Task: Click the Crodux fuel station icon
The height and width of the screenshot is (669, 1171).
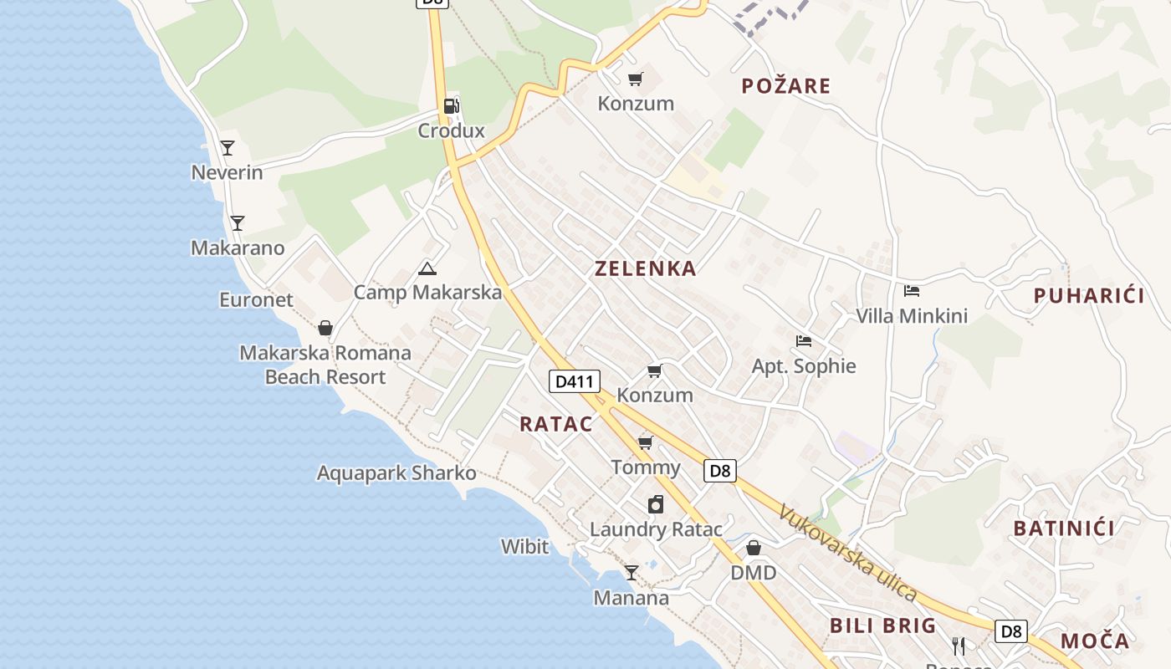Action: [451, 106]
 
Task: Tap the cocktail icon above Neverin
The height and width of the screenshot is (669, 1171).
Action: [227, 148]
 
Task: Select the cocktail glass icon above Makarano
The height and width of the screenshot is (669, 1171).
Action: [238, 223]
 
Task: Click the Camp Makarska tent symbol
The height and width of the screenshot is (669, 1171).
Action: [427, 268]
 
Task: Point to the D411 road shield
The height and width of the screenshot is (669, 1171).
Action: [575, 382]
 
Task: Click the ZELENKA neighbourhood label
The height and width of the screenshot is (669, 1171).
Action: [645, 268]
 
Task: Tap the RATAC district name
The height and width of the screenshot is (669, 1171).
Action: [555, 424]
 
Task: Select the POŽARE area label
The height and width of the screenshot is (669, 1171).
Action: [786, 86]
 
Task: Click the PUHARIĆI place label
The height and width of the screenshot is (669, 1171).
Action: [1089, 295]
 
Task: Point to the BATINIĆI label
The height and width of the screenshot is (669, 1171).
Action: [1064, 529]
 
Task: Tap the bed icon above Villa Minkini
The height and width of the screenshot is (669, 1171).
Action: [912, 291]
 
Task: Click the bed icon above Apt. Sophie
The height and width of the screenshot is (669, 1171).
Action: [804, 341]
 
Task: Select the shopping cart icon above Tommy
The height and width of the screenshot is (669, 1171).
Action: [645, 442]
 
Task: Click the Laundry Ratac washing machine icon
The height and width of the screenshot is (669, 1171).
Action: [656, 504]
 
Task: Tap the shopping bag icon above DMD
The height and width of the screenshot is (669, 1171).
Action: [754, 548]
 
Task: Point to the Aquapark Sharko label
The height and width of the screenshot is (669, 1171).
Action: [396, 473]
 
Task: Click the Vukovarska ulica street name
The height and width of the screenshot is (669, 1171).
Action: [847, 553]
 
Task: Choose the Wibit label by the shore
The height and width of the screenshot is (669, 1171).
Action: [524, 547]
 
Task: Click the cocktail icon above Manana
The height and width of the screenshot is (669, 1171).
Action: [632, 573]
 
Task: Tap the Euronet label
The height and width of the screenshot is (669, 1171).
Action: [256, 300]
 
